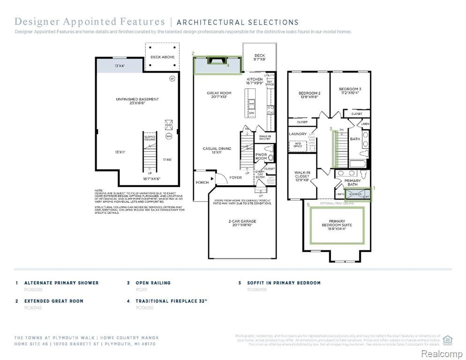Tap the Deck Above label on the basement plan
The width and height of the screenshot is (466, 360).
coord(162,57)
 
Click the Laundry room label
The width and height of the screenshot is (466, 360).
coord(298,134)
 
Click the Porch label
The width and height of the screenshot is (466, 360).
coord(202,182)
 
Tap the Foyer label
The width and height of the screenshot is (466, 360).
coord(235,178)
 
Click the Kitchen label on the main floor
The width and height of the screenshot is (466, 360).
coord(255,81)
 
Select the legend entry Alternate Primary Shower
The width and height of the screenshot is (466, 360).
coord(61,283)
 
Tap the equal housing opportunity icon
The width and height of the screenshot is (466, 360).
coord(447,339)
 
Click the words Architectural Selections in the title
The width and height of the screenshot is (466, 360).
coord(237,22)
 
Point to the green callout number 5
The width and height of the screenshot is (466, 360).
coord(308,205)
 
